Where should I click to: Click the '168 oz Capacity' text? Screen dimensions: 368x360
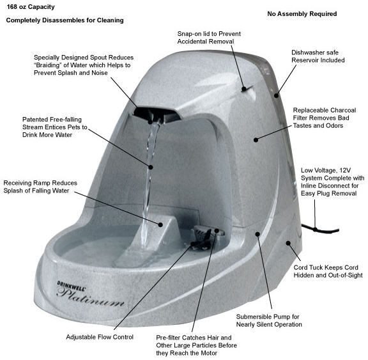[x=31, y=7]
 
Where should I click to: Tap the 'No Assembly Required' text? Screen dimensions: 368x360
[x=302, y=14]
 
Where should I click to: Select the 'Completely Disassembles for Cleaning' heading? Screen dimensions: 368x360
[x=65, y=20]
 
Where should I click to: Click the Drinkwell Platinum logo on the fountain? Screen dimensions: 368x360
[x=90, y=293]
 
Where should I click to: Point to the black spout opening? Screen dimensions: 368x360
[x=156, y=114]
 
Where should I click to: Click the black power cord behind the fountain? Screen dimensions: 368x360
[x=320, y=229]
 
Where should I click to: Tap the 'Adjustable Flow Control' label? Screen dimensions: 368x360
[x=100, y=337]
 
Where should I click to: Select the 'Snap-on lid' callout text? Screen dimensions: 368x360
[x=209, y=38]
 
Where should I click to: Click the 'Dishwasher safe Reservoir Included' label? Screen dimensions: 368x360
[x=318, y=56]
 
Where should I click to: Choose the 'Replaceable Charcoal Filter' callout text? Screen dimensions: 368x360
[x=325, y=118]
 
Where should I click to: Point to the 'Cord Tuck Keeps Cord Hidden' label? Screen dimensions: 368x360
[x=328, y=271]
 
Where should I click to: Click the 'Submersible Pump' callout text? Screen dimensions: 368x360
[x=269, y=320]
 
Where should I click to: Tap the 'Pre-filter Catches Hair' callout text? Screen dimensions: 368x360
[x=196, y=345]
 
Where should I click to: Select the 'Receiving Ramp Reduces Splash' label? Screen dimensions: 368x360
[x=40, y=187]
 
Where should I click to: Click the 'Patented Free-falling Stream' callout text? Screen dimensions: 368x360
[x=55, y=127]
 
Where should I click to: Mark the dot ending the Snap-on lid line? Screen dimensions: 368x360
[x=244, y=89]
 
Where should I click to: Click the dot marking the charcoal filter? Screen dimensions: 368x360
[x=256, y=140]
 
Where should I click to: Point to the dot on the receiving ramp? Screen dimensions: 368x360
[x=160, y=224]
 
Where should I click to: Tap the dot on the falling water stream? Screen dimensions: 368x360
[x=151, y=167]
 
